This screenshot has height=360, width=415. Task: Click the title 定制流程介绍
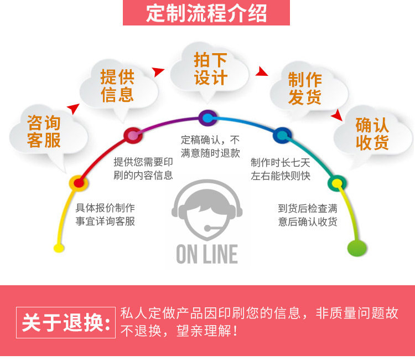click(206, 13)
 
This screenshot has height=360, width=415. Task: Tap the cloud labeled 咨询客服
click(44, 131)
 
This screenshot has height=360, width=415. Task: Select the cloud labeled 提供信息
click(117, 85)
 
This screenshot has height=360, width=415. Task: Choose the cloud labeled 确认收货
click(372, 134)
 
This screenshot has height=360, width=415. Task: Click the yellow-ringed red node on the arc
click(77, 182)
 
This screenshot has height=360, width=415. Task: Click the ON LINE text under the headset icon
click(207, 255)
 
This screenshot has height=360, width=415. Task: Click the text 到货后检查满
click(308, 209)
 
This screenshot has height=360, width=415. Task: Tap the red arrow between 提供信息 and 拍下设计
click(159, 71)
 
